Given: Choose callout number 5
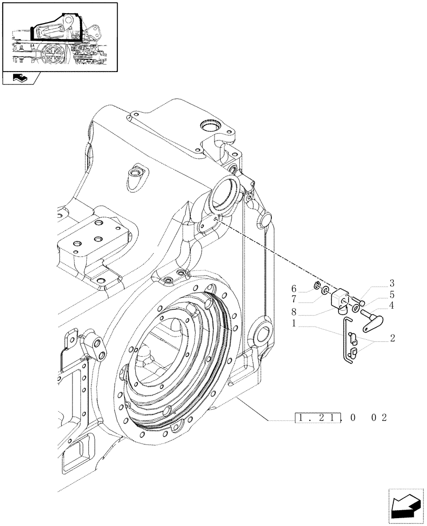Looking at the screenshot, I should tap(392, 295).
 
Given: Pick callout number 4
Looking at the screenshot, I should tap(392, 305).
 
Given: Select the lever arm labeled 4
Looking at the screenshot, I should tap(375, 318).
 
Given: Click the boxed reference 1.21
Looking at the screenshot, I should tap(315, 418).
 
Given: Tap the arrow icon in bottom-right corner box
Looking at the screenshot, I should tap(405, 505).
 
